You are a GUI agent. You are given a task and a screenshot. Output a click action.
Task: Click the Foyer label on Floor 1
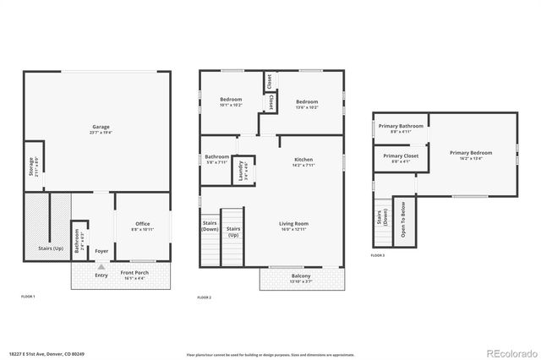coord(101,251)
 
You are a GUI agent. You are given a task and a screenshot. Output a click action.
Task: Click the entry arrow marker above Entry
coord(101,266)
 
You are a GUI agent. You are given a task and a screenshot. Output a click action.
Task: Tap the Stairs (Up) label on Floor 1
coord(52,248)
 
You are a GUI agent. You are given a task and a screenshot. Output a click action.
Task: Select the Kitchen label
coord(303,160)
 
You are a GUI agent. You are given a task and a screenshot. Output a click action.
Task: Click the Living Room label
coord(295,224)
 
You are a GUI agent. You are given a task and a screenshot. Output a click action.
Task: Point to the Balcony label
coord(301,276)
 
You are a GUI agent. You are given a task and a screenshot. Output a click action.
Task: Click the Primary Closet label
coord(401,156)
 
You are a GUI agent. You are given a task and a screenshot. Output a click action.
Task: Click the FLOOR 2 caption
coord(205,297)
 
